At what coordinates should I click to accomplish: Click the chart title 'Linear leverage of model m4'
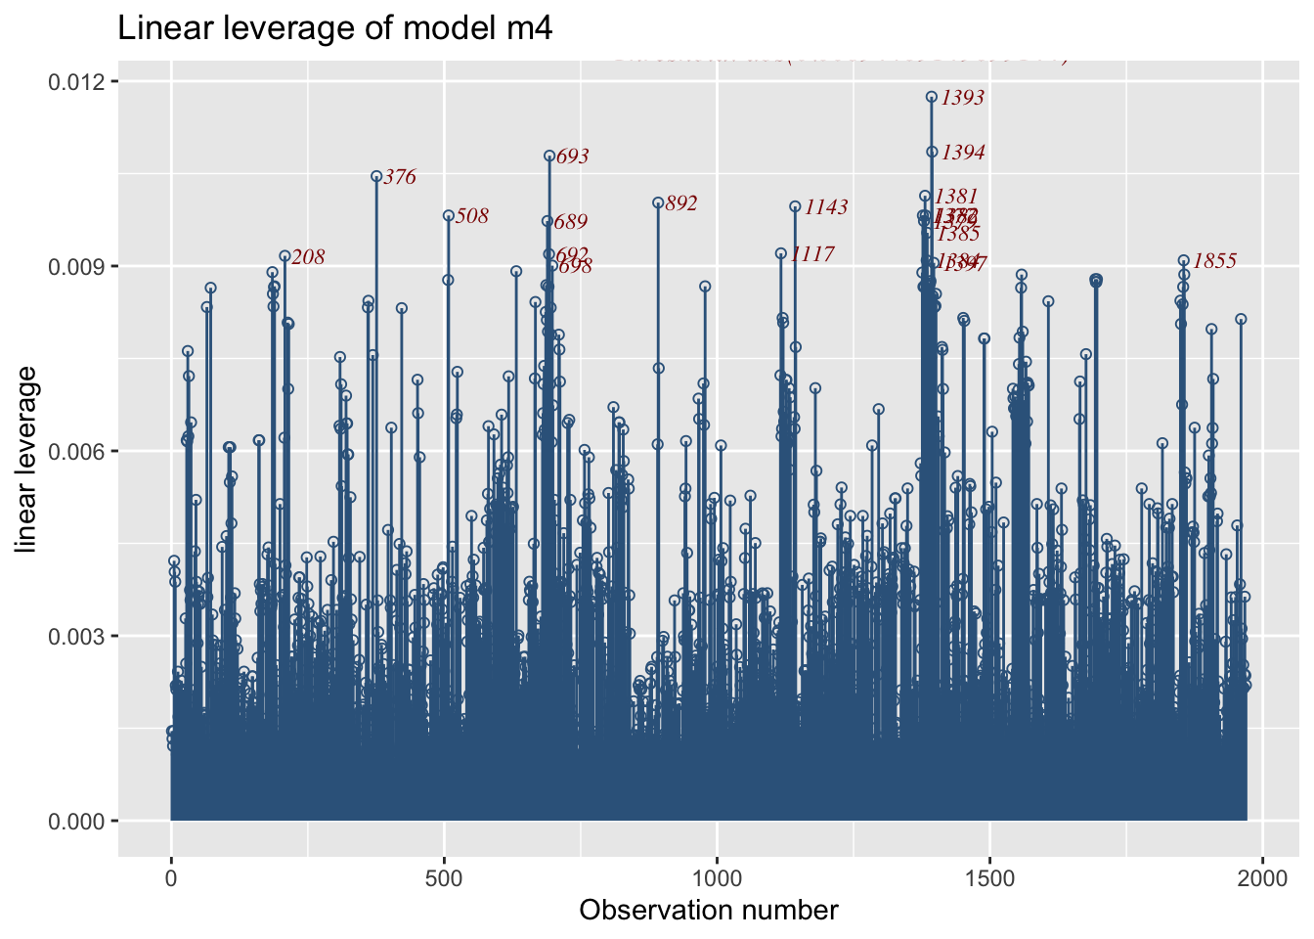click(335, 28)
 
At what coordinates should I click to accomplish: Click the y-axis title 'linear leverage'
click(26, 459)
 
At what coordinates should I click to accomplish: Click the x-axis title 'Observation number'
click(709, 911)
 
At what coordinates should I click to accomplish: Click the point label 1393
click(963, 98)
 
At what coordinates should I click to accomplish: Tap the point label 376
click(400, 177)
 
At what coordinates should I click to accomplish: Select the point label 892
click(681, 203)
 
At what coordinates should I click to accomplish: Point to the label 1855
click(1215, 261)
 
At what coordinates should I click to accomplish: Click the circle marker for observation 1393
click(932, 97)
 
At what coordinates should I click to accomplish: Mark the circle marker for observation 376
click(376, 177)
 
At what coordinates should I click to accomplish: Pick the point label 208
click(308, 257)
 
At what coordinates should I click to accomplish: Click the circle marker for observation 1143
click(795, 206)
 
